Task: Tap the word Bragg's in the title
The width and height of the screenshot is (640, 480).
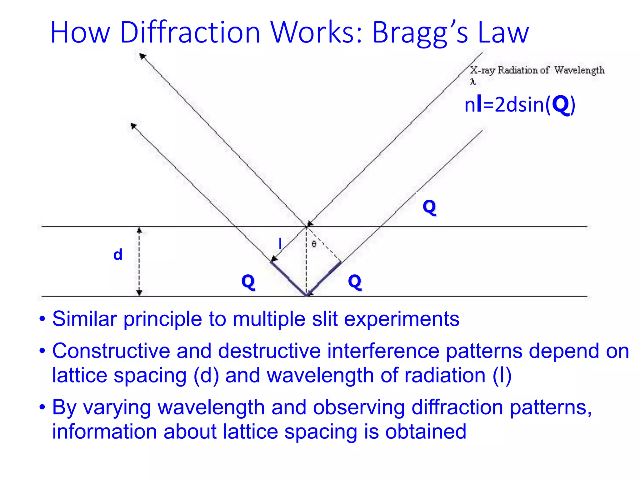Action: coord(420,33)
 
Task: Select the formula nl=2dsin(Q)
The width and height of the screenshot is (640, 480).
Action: coord(520,105)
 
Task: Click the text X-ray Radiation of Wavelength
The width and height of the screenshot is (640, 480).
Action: coord(537,70)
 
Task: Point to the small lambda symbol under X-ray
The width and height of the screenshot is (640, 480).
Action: coord(473,82)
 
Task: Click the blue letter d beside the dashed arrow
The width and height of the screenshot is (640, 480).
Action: coord(118,255)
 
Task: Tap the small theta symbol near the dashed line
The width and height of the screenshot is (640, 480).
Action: coord(314,244)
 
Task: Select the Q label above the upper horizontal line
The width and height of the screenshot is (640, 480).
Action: coord(429,207)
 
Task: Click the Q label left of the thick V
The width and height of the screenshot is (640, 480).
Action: coord(248,282)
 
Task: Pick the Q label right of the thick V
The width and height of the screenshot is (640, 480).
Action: coord(355,282)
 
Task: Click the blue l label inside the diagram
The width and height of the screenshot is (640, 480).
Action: coord(280,243)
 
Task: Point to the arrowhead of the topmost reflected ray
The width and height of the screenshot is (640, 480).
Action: coord(142,56)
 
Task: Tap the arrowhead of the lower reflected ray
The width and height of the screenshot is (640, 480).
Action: coord(133,126)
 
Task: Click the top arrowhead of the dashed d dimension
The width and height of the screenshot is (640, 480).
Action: coord(139,231)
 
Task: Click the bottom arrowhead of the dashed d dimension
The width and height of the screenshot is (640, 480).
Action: coord(139,292)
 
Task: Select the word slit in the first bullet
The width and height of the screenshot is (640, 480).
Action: coord(325,319)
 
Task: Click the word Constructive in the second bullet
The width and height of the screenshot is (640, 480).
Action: coord(111,351)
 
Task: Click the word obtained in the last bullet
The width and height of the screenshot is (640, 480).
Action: coord(425,432)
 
